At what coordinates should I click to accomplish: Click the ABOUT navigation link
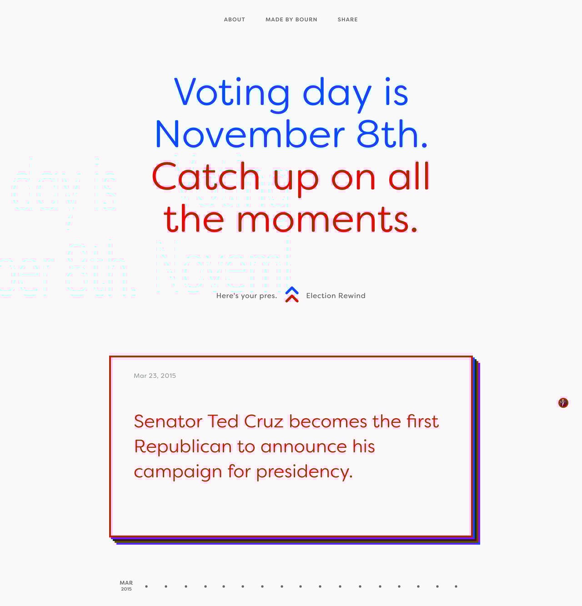point(234,20)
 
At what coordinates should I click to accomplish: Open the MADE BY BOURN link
point(291,20)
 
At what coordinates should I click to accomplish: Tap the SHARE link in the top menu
point(347,20)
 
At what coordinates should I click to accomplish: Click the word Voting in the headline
point(232,92)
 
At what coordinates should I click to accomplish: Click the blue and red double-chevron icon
point(292,295)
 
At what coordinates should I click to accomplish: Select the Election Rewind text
point(336,295)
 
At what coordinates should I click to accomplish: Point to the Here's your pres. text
point(246,295)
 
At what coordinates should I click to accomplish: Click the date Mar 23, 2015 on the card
point(155,376)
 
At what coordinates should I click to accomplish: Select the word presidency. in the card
point(304,471)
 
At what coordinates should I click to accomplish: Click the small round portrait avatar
point(563,403)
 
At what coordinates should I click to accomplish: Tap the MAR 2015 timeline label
point(126,586)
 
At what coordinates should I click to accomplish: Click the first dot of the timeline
point(146,586)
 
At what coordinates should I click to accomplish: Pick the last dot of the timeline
point(456,586)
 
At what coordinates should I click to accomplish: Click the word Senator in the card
point(168,421)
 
